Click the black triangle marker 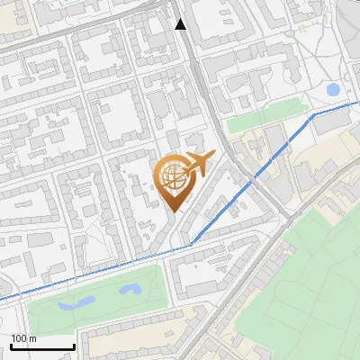coord(181,24)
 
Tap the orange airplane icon coord(196,164)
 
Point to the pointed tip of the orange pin coord(174,211)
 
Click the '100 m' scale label coord(23,338)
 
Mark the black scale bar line coord(42,346)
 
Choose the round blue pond coord(333,90)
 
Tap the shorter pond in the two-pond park coord(131,290)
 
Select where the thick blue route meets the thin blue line coord(191,243)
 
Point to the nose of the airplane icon coord(212,157)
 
